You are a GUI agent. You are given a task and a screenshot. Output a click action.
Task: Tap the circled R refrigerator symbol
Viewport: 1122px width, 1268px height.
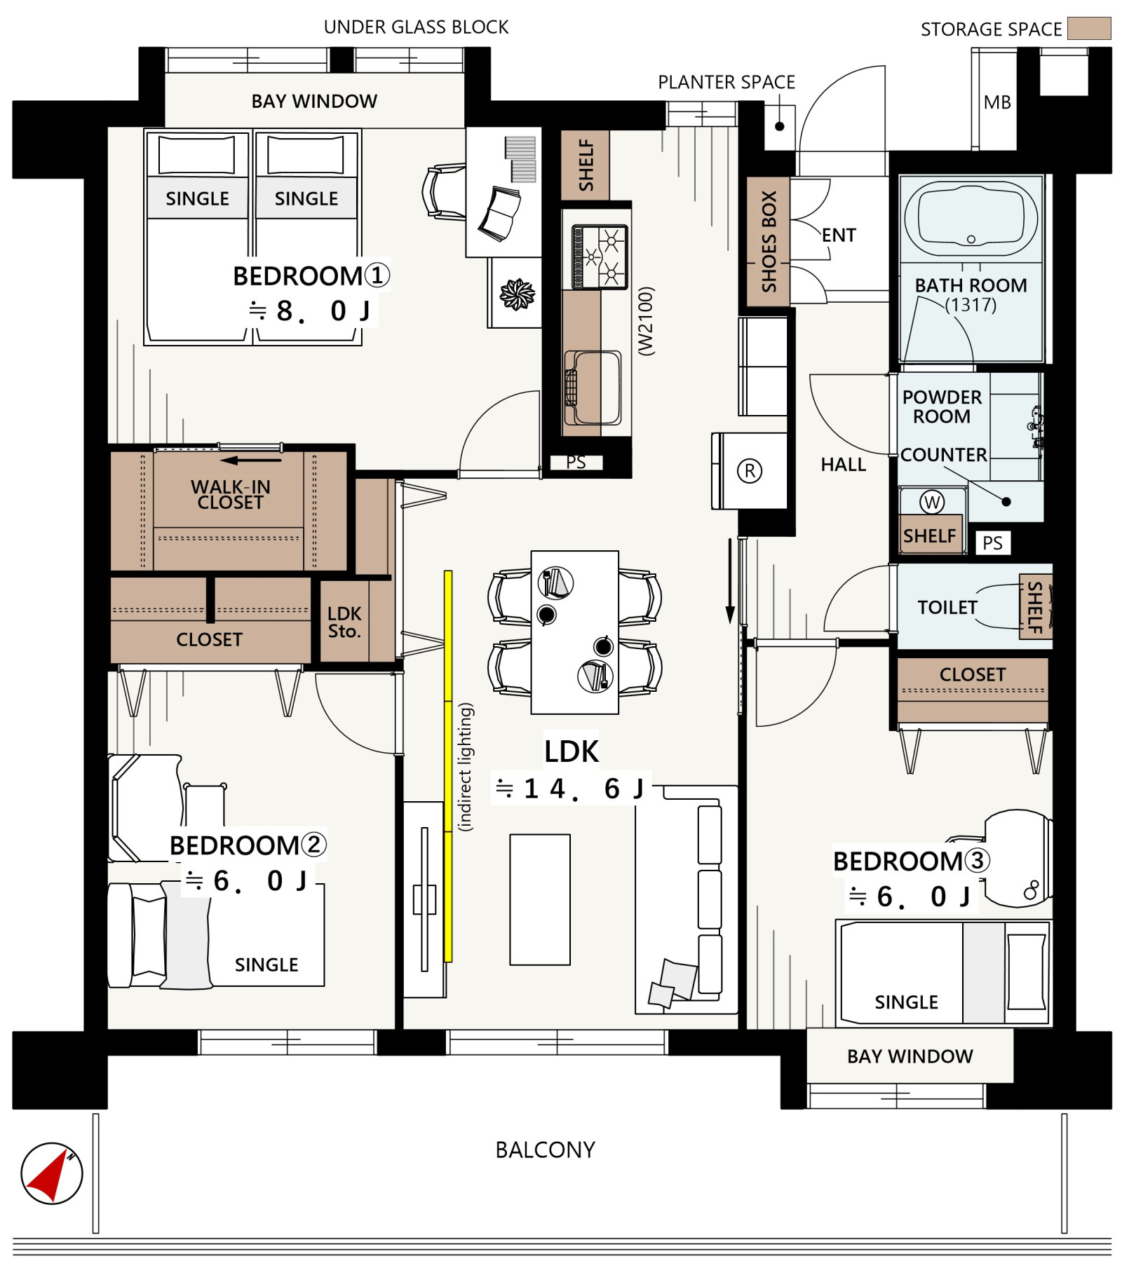click(749, 470)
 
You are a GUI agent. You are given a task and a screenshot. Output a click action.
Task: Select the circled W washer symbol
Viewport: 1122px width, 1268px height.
click(931, 501)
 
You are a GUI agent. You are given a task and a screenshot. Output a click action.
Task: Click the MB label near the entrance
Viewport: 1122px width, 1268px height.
click(996, 102)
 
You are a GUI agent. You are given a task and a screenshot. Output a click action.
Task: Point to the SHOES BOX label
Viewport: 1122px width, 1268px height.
click(769, 241)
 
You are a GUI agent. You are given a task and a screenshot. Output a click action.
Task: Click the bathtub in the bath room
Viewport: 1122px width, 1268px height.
click(971, 219)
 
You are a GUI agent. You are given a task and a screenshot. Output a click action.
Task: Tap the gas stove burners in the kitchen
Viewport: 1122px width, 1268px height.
click(600, 257)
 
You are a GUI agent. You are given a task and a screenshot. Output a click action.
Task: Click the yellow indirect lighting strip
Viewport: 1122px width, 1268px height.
click(448, 766)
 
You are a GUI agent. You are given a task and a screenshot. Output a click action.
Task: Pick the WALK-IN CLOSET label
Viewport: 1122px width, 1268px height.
click(230, 494)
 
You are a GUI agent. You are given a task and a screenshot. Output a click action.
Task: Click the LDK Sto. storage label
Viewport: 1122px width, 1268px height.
click(344, 622)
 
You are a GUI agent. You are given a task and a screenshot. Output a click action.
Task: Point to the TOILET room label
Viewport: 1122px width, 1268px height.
click(947, 607)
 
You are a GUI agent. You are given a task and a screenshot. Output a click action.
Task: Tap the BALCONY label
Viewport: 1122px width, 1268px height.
click(545, 1150)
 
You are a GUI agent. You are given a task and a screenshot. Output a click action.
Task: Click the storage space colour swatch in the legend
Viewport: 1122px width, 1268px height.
click(1088, 29)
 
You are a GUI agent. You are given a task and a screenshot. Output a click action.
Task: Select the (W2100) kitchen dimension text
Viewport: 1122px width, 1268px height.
click(646, 321)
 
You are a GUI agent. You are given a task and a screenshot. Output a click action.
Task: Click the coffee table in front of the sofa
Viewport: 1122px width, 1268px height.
click(540, 899)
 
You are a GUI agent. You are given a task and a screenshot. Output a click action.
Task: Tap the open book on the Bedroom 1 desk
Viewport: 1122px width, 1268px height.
click(499, 213)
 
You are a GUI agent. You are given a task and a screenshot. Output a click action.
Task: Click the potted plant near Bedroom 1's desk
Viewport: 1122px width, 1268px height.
click(517, 294)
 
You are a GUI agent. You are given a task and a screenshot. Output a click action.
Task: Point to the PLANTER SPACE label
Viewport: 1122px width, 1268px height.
click(726, 82)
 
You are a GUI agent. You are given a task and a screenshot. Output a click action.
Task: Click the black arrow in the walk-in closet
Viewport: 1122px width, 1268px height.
click(250, 461)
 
